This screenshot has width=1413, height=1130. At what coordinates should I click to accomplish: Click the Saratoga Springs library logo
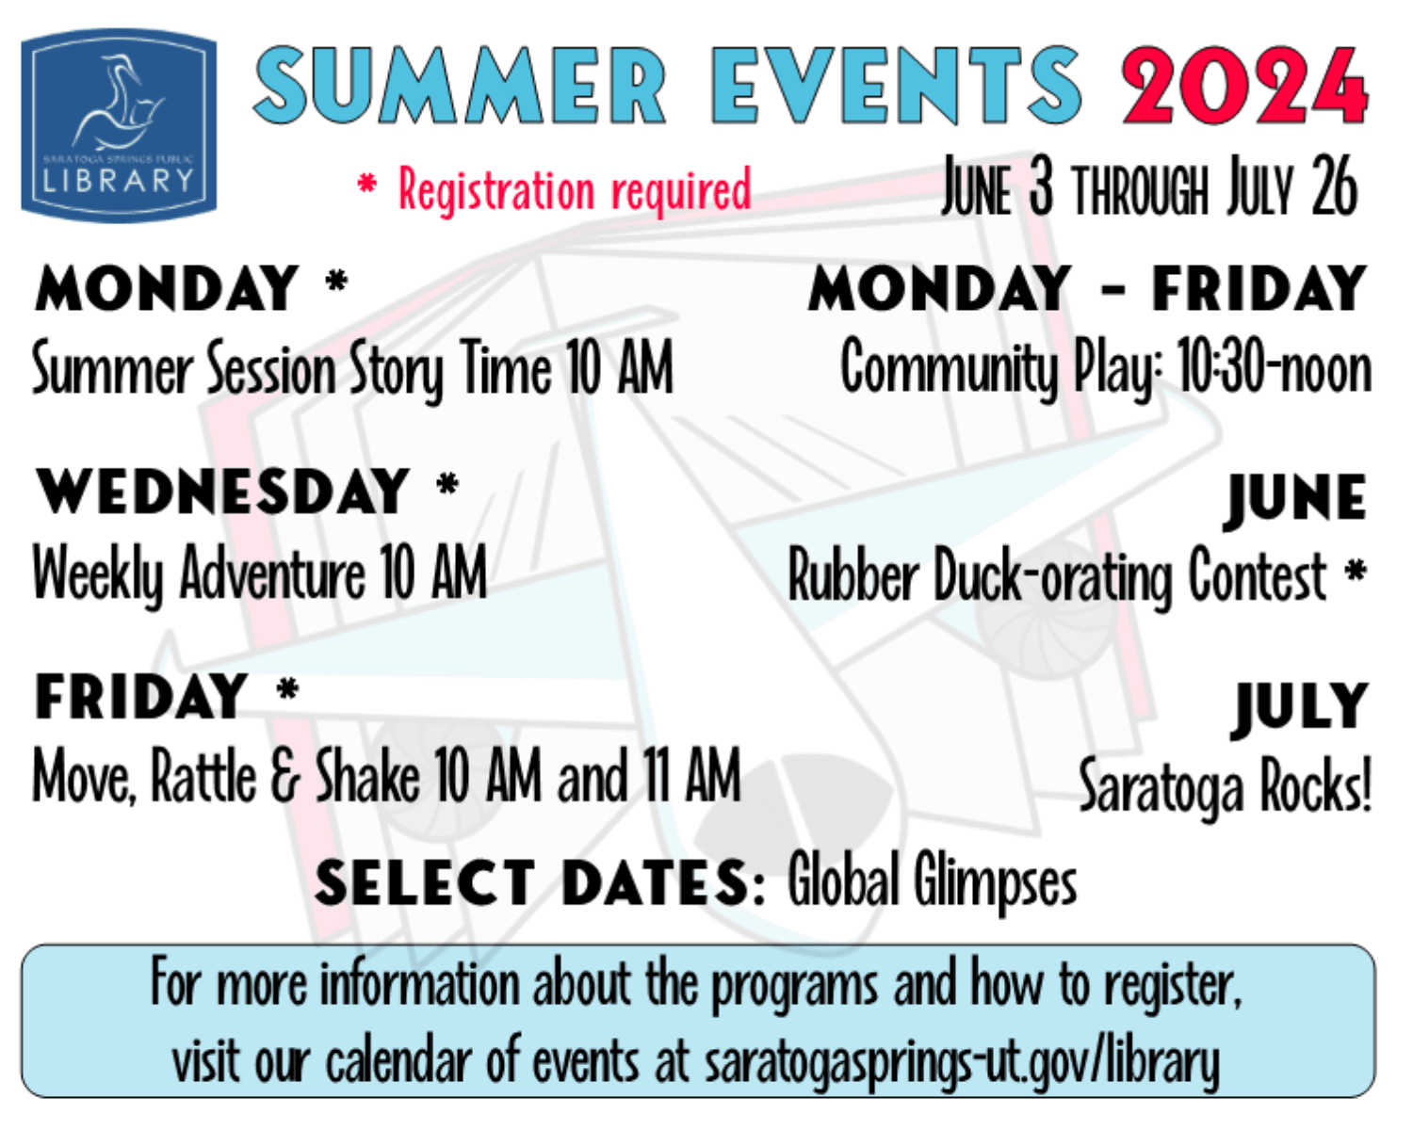(119, 125)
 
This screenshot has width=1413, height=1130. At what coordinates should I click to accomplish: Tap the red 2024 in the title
(1243, 86)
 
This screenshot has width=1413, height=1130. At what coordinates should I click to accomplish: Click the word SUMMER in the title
(461, 86)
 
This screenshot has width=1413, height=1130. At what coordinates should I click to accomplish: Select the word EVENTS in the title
(896, 86)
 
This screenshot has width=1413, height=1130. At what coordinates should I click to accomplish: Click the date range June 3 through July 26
(1149, 187)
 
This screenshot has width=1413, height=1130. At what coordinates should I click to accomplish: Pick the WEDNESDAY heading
(222, 492)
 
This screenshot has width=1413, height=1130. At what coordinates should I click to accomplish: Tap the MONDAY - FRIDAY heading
(1088, 288)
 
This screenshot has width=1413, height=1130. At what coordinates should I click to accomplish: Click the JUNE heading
(1296, 498)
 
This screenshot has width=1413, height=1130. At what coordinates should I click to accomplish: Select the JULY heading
(1301, 705)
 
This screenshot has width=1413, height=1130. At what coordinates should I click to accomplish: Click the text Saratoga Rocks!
(1225, 786)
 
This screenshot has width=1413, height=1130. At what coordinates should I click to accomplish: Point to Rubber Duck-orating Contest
(1057, 576)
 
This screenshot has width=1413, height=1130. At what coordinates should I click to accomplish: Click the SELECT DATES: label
(541, 883)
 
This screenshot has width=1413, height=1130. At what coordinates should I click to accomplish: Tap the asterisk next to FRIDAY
(288, 690)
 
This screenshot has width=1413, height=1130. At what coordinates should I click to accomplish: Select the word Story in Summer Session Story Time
(397, 370)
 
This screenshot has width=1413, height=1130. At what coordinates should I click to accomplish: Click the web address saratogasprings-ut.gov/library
(962, 1063)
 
